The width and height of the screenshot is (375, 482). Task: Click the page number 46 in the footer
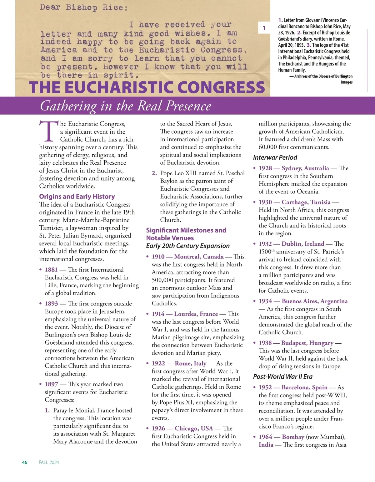pyautogui.click(x=25, y=462)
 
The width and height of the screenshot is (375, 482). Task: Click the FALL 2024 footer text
pyautogui.click(x=49, y=462)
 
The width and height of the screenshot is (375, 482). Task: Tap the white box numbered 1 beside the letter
pyautogui.click(x=264, y=28)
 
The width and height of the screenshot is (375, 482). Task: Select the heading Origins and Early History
pyautogui.click(x=77, y=197)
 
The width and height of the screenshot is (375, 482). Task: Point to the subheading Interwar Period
pyautogui.click(x=275, y=157)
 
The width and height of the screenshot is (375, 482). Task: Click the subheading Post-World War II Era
pyautogui.click(x=282, y=377)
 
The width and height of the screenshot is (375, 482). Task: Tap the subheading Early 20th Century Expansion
pyautogui.click(x=187, y=246)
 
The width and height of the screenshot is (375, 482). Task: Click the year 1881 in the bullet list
pyautogui.click(x=51, y=269)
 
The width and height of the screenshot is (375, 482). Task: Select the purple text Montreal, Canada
pyautogui.click(x=199, y=257)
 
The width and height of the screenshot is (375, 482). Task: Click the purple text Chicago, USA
pyautogui.click(x=194, y=428)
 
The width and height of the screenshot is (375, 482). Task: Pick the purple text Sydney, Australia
pyautogui.click(x=305, y=168)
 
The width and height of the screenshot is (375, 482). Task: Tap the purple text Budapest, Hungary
pyautogui.click(x=307, y=343)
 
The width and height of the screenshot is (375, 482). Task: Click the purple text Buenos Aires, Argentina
pyautogui.click(x=314, y=301)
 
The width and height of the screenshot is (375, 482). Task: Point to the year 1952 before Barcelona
pyautogui.click(x=265, y=387)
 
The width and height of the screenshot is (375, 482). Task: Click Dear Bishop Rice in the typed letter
pyautogui.click(x=84, y=7)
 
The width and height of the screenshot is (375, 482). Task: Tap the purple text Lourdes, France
pyautogui.click(x=196, y=314)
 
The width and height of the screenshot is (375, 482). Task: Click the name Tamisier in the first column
pyautogui.click(x=52, y=228)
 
